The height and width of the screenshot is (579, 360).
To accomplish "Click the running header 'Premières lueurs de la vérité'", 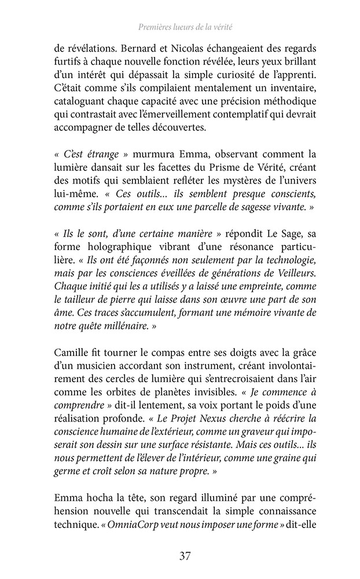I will [x=180, y=27].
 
